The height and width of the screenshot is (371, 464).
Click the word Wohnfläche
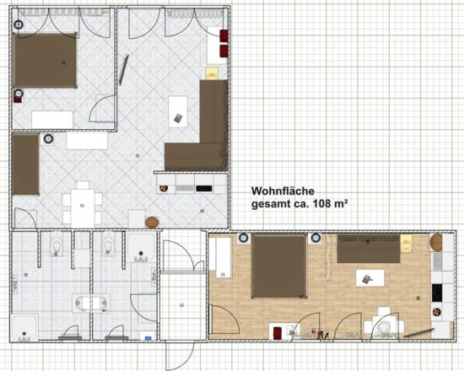click(x=283, y=191)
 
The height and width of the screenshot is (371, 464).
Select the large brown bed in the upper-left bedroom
click(x=45, y=61)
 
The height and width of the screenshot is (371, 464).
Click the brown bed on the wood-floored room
click(x=278, y=266)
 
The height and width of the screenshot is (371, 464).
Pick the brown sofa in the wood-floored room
click(x=369, y=249)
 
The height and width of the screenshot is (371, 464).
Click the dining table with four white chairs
click(x=83, y=206)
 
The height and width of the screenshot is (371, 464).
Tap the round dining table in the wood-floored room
click(x=384, y=325)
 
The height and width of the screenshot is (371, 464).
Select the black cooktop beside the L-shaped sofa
click(x=204, y=189)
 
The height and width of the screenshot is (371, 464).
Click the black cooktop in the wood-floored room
click(x=437, y=293)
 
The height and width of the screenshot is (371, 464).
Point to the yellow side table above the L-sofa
click(x=212, y=73)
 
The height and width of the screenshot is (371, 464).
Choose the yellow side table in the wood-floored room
click(x=406, y=244)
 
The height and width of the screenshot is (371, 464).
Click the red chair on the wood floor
click(x=278, y=333)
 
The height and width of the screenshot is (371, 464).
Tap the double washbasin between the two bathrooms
click(x=91, y=303)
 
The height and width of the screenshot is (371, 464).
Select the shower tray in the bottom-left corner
click(x=24, y=328)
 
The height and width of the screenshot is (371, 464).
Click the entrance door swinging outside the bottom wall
click(x=180, y=355)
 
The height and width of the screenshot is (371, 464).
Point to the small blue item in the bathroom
click(x=148, y=338)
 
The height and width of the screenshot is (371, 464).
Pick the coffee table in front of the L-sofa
click(x=178, y=112)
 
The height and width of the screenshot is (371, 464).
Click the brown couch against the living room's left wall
click(x=26, y=164)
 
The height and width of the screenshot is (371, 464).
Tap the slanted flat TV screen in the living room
click(x=124, y=69)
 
